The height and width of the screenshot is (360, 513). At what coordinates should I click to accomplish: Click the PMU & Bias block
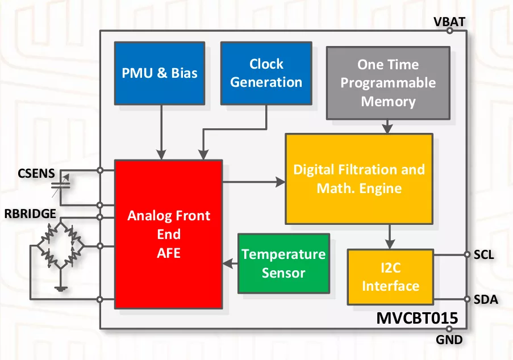160,73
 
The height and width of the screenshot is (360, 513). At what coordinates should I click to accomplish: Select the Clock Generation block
266,73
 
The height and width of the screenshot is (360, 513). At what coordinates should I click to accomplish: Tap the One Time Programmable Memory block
388,83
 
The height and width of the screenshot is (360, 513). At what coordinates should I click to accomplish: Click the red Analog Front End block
169,234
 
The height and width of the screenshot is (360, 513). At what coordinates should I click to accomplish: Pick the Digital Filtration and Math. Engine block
359,179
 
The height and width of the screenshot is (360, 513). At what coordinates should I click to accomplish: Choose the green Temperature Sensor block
283,263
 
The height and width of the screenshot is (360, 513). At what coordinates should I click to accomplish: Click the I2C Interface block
390,277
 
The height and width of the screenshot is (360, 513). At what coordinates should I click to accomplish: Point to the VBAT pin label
449,22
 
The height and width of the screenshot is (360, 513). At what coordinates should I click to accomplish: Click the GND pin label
449,340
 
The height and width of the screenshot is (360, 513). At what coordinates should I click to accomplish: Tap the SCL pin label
484,255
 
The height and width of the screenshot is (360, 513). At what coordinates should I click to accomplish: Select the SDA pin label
486,299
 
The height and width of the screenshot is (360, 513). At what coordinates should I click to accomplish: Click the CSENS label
36,173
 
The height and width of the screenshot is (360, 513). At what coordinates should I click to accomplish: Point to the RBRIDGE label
30,214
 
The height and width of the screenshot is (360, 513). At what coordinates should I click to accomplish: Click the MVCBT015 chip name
417,318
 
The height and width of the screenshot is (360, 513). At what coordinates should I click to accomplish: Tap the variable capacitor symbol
61,186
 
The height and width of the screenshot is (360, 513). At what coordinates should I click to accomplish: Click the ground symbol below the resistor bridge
61,288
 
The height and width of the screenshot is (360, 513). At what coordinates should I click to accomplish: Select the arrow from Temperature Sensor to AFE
230,263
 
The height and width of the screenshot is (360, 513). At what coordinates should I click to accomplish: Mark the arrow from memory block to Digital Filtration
387,127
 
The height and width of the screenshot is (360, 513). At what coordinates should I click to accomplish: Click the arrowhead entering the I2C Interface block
389,245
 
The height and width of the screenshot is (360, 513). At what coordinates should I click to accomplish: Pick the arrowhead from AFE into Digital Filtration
281,182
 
